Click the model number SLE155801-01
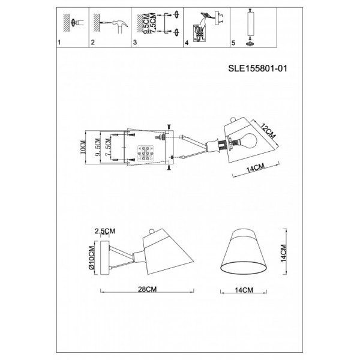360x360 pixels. (x=257, y=68)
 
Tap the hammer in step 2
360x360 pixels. (x=120, y=26)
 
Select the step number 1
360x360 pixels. (x=59, y=43)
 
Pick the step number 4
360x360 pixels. (x=187, y=43)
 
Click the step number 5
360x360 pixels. (x=233, y=43)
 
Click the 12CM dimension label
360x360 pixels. (x=268, y=131)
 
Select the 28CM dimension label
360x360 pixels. (x=147, y=289)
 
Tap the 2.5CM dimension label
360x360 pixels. (x=105, y=231)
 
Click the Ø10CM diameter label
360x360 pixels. (x=91, y=257)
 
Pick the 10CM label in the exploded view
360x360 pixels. (x=83, y=148)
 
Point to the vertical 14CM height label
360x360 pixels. (x=284, y=253)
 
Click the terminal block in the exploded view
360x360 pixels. (x=145, y=153)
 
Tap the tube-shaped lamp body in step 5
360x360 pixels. (x=251, y=23)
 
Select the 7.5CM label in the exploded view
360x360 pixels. (x=108, y=148)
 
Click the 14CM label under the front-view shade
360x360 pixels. (x=244, y=290)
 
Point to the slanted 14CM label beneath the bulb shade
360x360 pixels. (x=256, y=168)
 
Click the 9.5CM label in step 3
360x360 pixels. (x=146, y=23)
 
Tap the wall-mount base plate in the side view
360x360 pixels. (x=105, y=257)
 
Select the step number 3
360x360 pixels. (x=135, y=43)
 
